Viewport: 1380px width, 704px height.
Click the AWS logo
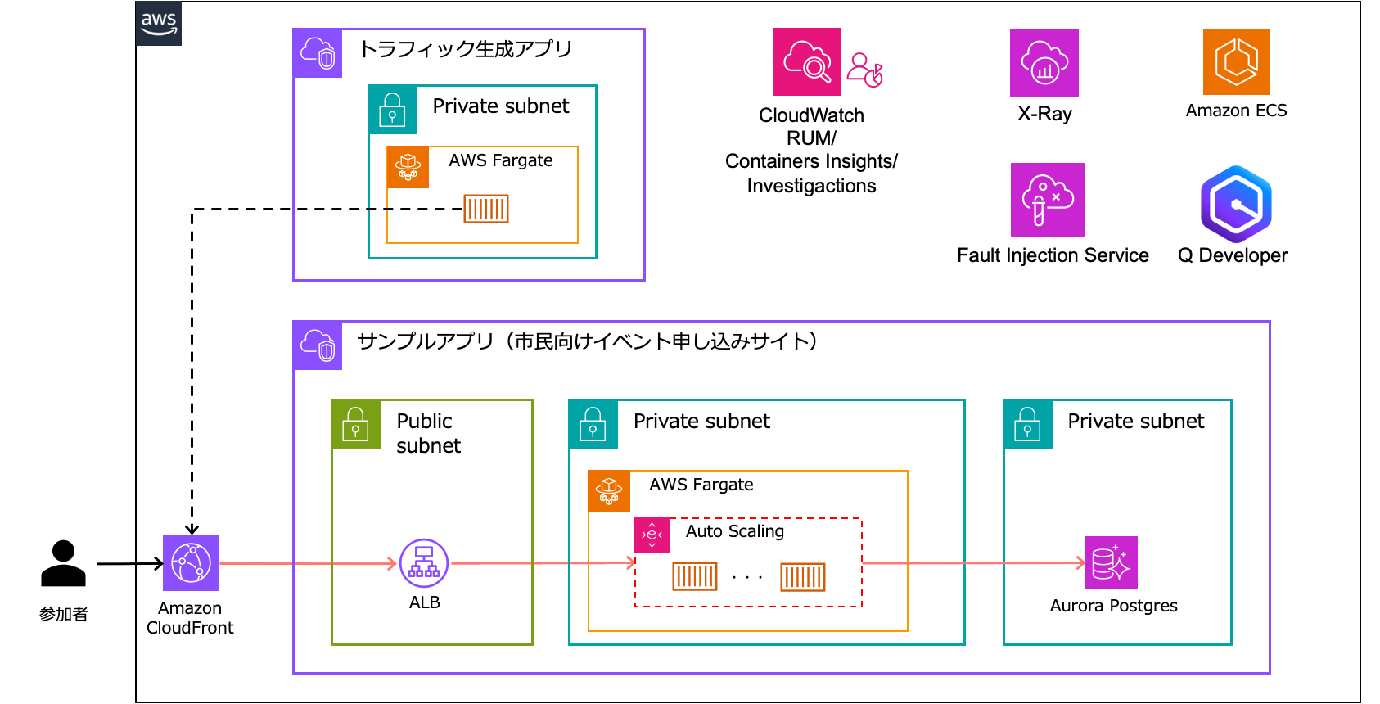[159, 23]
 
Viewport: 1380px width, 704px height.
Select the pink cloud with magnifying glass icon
[807, 62]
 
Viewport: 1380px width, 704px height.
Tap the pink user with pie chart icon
[864, 70]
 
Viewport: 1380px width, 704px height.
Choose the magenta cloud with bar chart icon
[1044, 63]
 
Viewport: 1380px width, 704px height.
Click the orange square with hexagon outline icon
[1236, 62]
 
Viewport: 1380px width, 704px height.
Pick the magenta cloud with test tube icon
[1048, 201]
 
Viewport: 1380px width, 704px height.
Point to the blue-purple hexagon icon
[1236, 205]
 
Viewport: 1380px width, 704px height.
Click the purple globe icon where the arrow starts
[191, 563]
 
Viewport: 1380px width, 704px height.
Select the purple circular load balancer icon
[424, 563]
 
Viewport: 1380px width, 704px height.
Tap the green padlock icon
[356, 424]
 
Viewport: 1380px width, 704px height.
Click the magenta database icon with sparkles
[1111, 562]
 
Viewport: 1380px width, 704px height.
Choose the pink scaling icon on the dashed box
[652, 535]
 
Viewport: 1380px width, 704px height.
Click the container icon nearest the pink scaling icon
[695, 576]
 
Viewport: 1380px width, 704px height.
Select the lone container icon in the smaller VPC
[486, 209]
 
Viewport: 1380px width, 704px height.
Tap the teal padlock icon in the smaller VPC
[393, 110]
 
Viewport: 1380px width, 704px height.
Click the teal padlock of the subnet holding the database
[1028, 424]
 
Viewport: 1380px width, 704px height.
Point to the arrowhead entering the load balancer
[392, 563]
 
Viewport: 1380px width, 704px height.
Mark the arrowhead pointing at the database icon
[1080, 562]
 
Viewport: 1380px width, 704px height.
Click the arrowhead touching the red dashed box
[631, 562]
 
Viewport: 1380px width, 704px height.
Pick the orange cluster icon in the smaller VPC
[408, 167]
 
